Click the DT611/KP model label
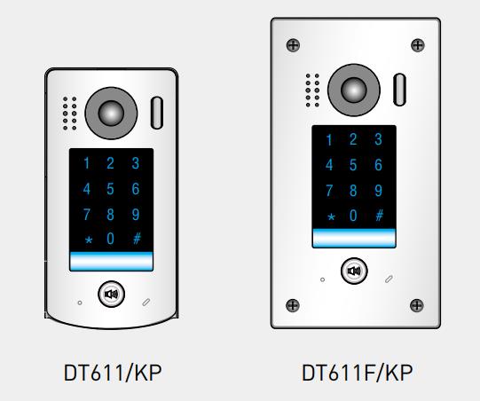click(113, 373)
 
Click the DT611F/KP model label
click(357, 373)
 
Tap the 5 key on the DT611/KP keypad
click(110, 189)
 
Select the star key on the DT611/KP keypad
click(89, 240)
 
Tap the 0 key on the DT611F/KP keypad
click(353, 216)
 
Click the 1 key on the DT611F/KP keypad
click(329, 140)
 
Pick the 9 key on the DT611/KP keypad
click(136, 215)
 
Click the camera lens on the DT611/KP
click(111, 113)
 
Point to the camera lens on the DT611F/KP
click(354, 90)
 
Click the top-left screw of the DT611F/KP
click(293, 45)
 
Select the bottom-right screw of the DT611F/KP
click(417, 305)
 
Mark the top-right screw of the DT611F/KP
click(418, 45)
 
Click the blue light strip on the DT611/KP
click(112, 261)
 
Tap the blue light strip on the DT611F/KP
click(354, 238)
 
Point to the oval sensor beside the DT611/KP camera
click(157, 113)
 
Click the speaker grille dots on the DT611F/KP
click(312, 90)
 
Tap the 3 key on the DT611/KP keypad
click(136, 163)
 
